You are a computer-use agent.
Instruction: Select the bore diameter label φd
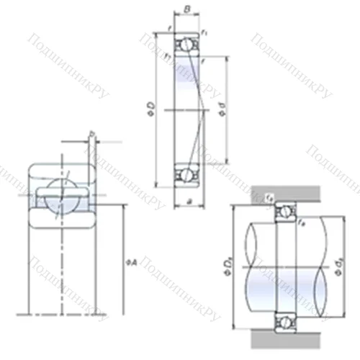224,110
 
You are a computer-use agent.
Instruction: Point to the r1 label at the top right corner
205,32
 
